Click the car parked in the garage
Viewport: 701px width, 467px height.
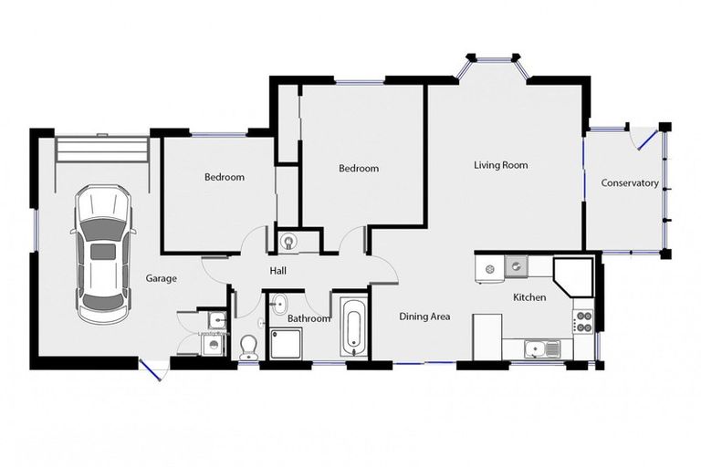(x=102, y=254)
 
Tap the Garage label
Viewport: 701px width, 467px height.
(x=162, y=278)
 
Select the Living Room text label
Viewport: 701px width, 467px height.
(x=500, y=165)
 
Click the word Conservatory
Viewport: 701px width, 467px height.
(x=629, y=183)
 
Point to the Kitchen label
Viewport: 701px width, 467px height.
(x=528, y=297)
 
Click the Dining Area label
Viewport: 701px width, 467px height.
(x=425, y=317)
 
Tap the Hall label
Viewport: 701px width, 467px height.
(x=278, y=271)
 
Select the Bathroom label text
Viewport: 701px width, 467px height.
(x=308, y=318)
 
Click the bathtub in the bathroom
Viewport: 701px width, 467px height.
(x=352, y=326)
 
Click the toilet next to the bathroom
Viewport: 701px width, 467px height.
(x=247, y=346)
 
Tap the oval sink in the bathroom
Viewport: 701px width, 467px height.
(x=280, y=305)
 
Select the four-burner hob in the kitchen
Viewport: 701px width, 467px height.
(x=581, y=320)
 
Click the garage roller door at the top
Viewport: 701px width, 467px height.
(x=101, y=149)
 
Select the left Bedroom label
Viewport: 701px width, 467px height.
(x=224, y=177)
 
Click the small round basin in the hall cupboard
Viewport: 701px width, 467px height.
(x=289, y=242)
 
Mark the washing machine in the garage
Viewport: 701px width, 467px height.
(x=214, y=345)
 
